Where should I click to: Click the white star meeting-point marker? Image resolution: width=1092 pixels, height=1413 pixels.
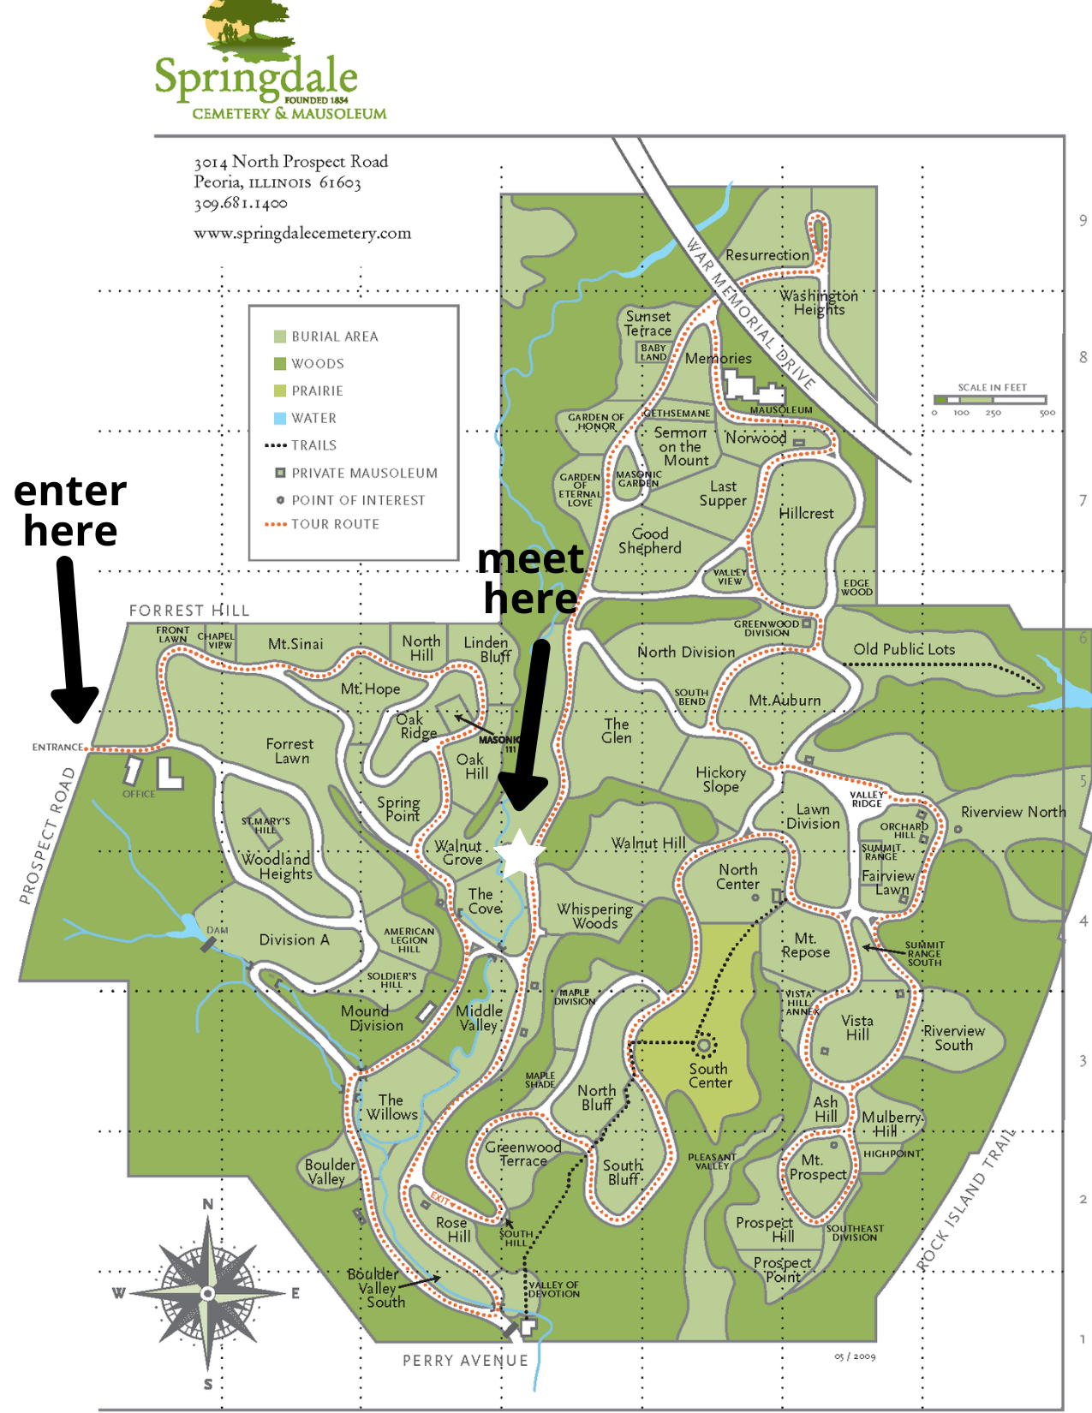tap(520, 854)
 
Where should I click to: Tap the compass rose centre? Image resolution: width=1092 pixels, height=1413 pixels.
tap(208, 1292)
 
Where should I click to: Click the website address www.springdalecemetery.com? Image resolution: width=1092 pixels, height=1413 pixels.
tap(301, 233)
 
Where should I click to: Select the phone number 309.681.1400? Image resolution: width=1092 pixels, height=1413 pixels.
tap(240, 204)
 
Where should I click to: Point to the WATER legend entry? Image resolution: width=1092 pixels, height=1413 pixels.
tap(313, 418)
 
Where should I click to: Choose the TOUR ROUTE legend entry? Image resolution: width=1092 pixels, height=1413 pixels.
tap(334, 524)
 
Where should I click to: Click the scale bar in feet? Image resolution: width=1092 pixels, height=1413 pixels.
tap(991, 399)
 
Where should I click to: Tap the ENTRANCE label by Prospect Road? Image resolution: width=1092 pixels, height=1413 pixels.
tap(57, 747)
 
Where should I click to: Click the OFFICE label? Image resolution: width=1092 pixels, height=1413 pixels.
tap(139, 794)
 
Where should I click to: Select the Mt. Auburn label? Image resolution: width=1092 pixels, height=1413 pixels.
tap(785, 701)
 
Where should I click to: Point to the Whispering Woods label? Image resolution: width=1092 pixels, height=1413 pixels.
tap(594, 915)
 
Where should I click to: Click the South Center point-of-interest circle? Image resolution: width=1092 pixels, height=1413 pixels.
tap(704, 1045)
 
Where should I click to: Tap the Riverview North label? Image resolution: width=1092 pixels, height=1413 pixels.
tap(1012, 812)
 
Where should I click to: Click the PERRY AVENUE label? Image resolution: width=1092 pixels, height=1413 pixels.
tap(465, 1360)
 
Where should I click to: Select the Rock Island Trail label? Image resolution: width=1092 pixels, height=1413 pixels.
tap(965, 1200)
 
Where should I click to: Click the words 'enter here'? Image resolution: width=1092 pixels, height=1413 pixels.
tap(70, 511)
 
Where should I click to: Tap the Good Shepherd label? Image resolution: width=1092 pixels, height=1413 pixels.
tap(650, 541)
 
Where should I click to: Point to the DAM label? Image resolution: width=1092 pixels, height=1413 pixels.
tap(218, 930)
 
